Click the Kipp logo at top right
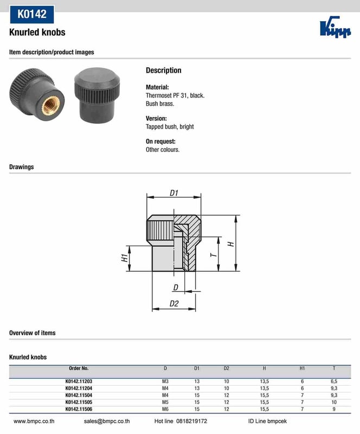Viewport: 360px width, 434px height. click(x=335, y=28)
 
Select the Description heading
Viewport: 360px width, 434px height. click(x=164, y=71)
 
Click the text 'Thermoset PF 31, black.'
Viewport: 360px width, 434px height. click(x=175, y=95)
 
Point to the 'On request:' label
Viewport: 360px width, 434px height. click(x=160, y=142)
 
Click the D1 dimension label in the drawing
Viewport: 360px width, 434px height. click(x=174, y=193)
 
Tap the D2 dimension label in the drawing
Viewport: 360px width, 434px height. click(x=174, y=303)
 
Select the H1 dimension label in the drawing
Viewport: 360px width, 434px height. click(x=124, y=258)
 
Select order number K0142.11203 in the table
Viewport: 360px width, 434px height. click(x=79, y=381)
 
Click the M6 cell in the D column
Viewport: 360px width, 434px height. click(x=165, y=410)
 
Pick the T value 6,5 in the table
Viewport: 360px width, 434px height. click(x=334, y=381)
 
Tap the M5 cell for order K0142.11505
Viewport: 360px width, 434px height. click(x=165, y=403)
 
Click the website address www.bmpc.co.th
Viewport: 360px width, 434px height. click(x=33, y=421)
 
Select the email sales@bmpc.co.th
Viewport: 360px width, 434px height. click(x=106, y=421)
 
